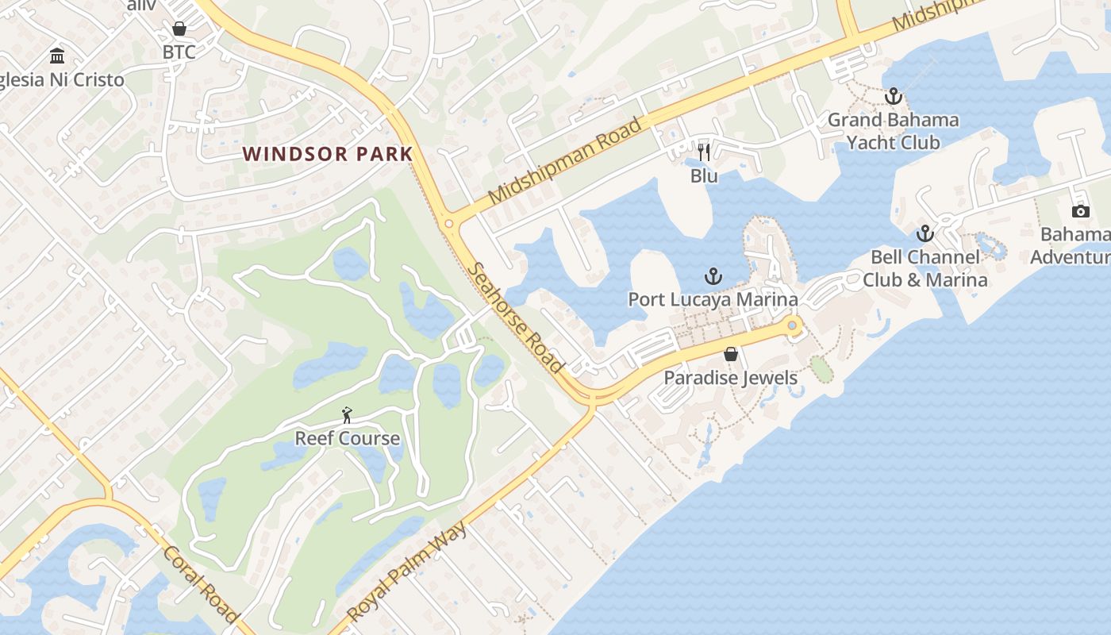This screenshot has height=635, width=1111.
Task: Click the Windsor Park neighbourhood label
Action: coord(327,154)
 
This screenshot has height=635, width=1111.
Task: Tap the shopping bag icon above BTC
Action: coord(179,29)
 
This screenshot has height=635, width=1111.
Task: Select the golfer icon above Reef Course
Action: coord(347,414)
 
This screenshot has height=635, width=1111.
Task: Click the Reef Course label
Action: coord(347,438)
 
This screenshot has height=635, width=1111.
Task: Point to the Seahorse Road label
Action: coord(517,317)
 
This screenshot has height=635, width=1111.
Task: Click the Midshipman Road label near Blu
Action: coord(565,161)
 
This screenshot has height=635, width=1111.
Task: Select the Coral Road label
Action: coord(201,583)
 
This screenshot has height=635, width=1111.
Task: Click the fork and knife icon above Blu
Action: coord(704,152)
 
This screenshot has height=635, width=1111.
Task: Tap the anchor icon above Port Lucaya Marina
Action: coord(713,276)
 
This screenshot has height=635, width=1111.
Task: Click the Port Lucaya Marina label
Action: coord(713,299)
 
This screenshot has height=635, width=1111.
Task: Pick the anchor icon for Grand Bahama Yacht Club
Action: coord(894,96)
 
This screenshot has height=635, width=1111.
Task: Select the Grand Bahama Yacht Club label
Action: coord(894,131)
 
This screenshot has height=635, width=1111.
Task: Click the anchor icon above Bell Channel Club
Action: coord(925,233)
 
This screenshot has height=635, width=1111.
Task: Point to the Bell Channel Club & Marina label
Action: coord(925,268)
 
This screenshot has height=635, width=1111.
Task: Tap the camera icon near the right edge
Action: coord(1080,210)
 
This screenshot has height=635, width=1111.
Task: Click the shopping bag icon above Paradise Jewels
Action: coord(730,354)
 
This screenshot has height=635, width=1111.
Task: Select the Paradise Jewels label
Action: coord(730,377)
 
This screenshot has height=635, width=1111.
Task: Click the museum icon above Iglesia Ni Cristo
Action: coord(57,56)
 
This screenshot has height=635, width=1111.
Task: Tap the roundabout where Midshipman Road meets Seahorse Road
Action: coord(449,224)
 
